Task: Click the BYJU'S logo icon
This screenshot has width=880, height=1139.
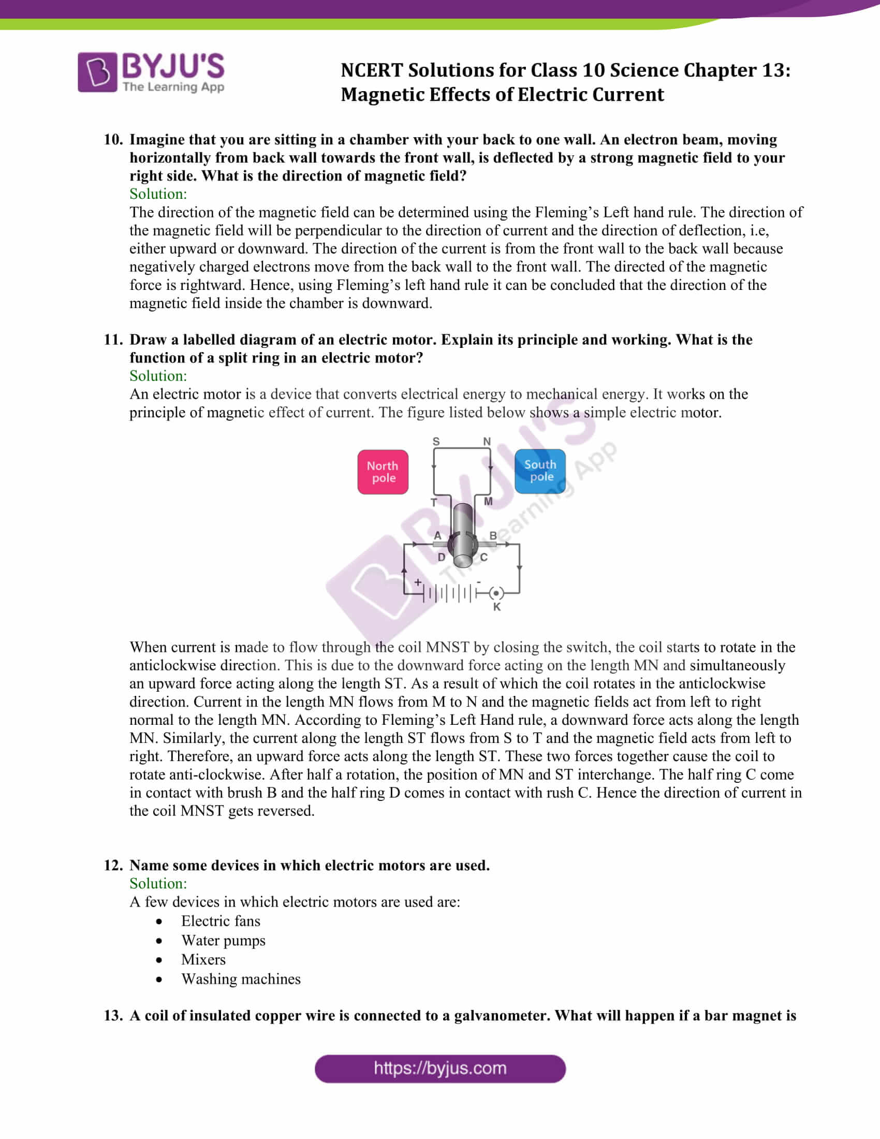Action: (97, 72)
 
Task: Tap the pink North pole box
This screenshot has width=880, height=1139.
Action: (383, 472)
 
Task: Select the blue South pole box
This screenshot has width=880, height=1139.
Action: (539, 471)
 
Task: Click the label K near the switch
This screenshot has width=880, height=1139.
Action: (496, 607)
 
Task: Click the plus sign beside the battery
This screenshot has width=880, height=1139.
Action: (418, 582)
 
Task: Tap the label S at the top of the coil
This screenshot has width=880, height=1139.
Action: (436, 441)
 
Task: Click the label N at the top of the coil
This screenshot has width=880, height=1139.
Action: (487, 441)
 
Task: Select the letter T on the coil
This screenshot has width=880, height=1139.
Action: (433, 502)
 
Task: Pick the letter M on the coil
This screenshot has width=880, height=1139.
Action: (488, 501)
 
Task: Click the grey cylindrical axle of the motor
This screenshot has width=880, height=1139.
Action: (463, 535)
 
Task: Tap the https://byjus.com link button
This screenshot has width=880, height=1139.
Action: (440, 1069)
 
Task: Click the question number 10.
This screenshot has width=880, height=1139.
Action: (113, 139)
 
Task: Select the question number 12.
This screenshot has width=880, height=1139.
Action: (113, 865)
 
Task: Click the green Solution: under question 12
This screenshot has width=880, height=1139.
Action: (158, 883)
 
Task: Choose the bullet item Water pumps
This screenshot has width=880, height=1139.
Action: (223, 940)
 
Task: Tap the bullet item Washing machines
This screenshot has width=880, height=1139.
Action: (241, 979)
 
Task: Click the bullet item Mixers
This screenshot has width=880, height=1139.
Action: (203, 959)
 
